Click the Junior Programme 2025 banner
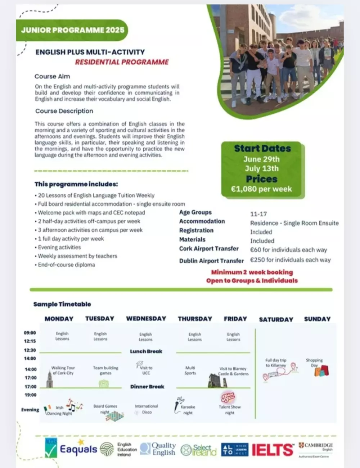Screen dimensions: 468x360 tap(72, 30)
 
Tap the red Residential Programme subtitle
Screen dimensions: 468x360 tap(122, 62)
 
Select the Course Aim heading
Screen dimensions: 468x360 tap(52, 76)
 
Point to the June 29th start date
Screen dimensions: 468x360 tap(261, 159)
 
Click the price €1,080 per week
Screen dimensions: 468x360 tap(261, 189)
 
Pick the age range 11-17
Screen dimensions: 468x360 tap(258, 214)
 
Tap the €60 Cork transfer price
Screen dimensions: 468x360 tap(288, 250)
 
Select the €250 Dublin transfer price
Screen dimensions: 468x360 tap(290, 260)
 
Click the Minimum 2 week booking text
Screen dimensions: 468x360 tap(252, 272)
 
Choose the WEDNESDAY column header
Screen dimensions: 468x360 tap(146, 319)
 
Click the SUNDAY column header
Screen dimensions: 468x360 tap(317, 319)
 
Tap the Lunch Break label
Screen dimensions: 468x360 tap(146, 351)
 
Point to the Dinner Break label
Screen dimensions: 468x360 tap(147, 387)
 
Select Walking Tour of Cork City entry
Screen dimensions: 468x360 tap(63, 371)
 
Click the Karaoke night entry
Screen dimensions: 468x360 tap(188, 410)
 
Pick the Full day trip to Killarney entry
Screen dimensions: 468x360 tap(276, 363)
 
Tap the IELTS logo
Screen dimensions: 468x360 tap(272, 450)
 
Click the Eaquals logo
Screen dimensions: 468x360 tap(78, 449)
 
